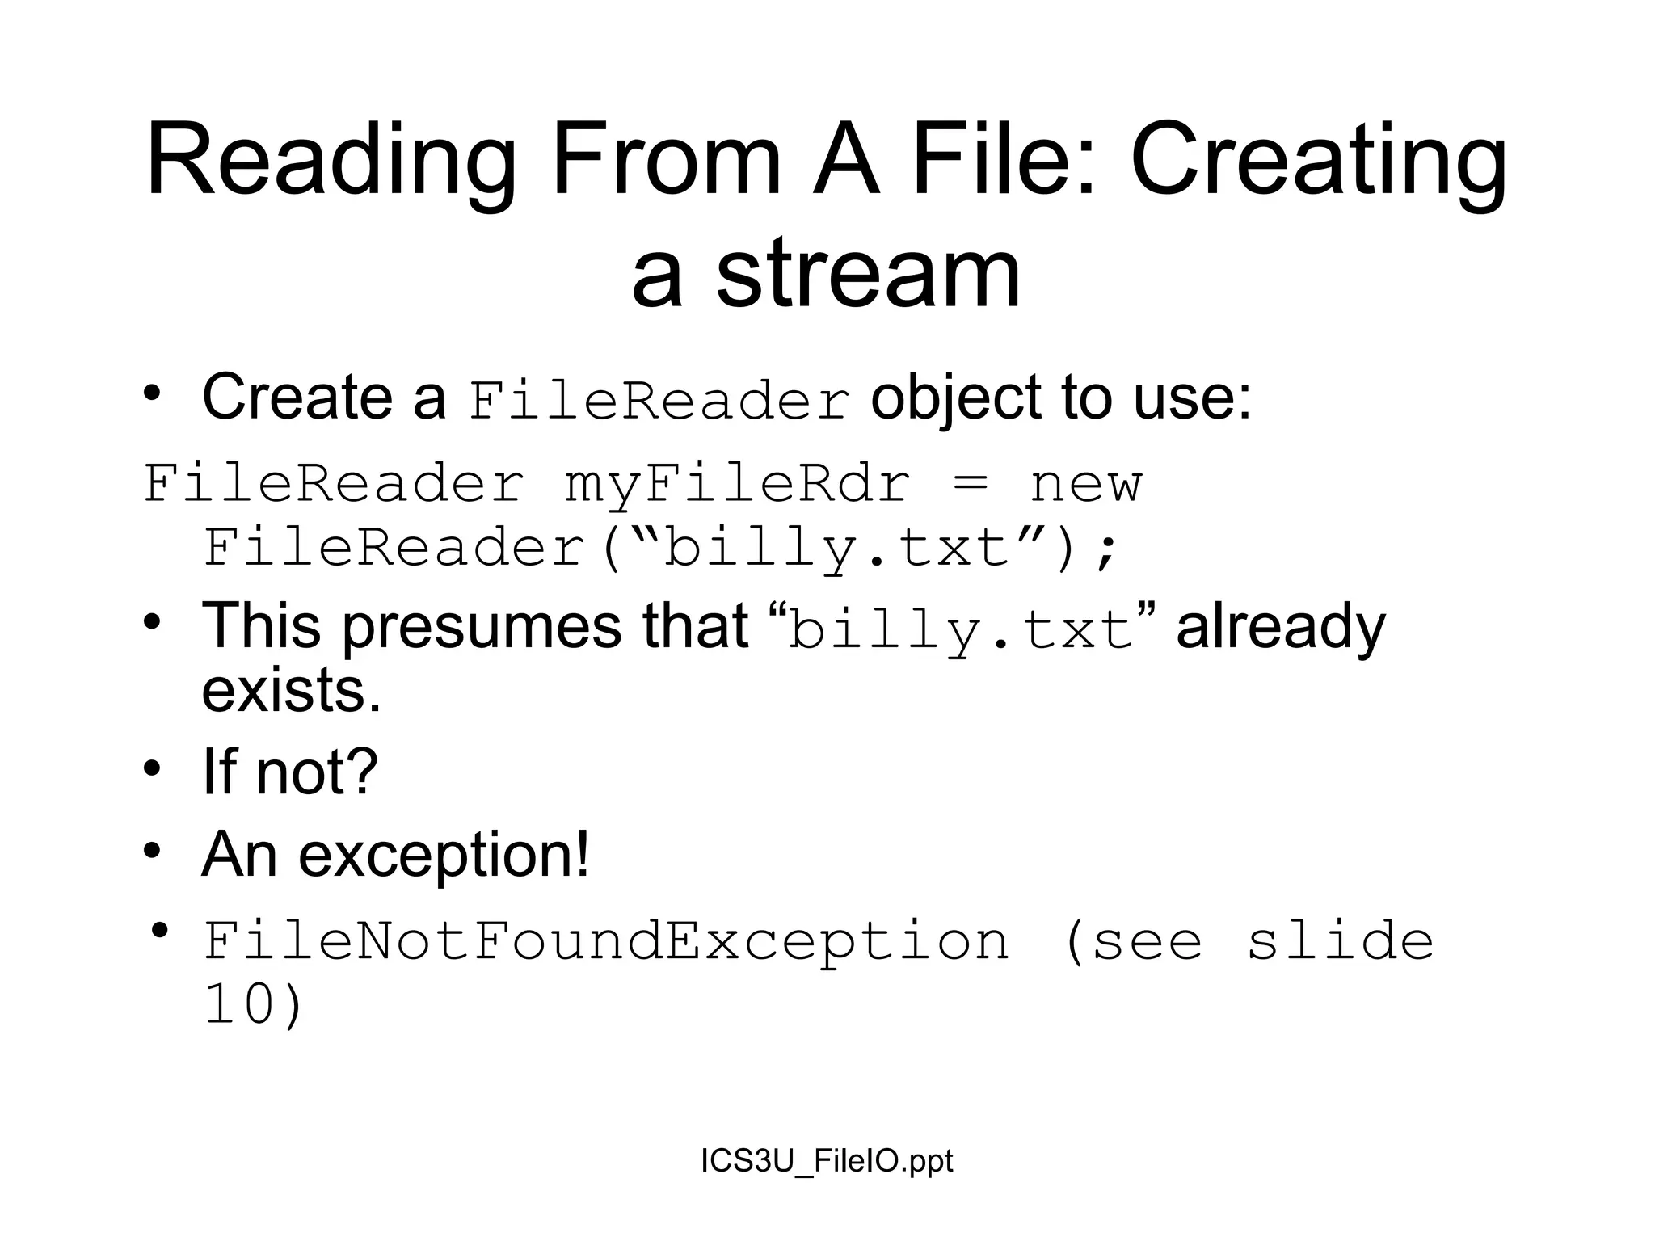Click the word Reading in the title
(x=331, y=162)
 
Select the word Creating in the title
(x=1318, y=162)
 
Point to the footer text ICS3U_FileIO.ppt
(x=827, y=1160)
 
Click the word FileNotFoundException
(x=606, y=941)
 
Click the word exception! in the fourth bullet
(x=444, y=855)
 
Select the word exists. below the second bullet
(x=291, y=691)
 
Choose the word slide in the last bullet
(x=1340, y=941)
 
